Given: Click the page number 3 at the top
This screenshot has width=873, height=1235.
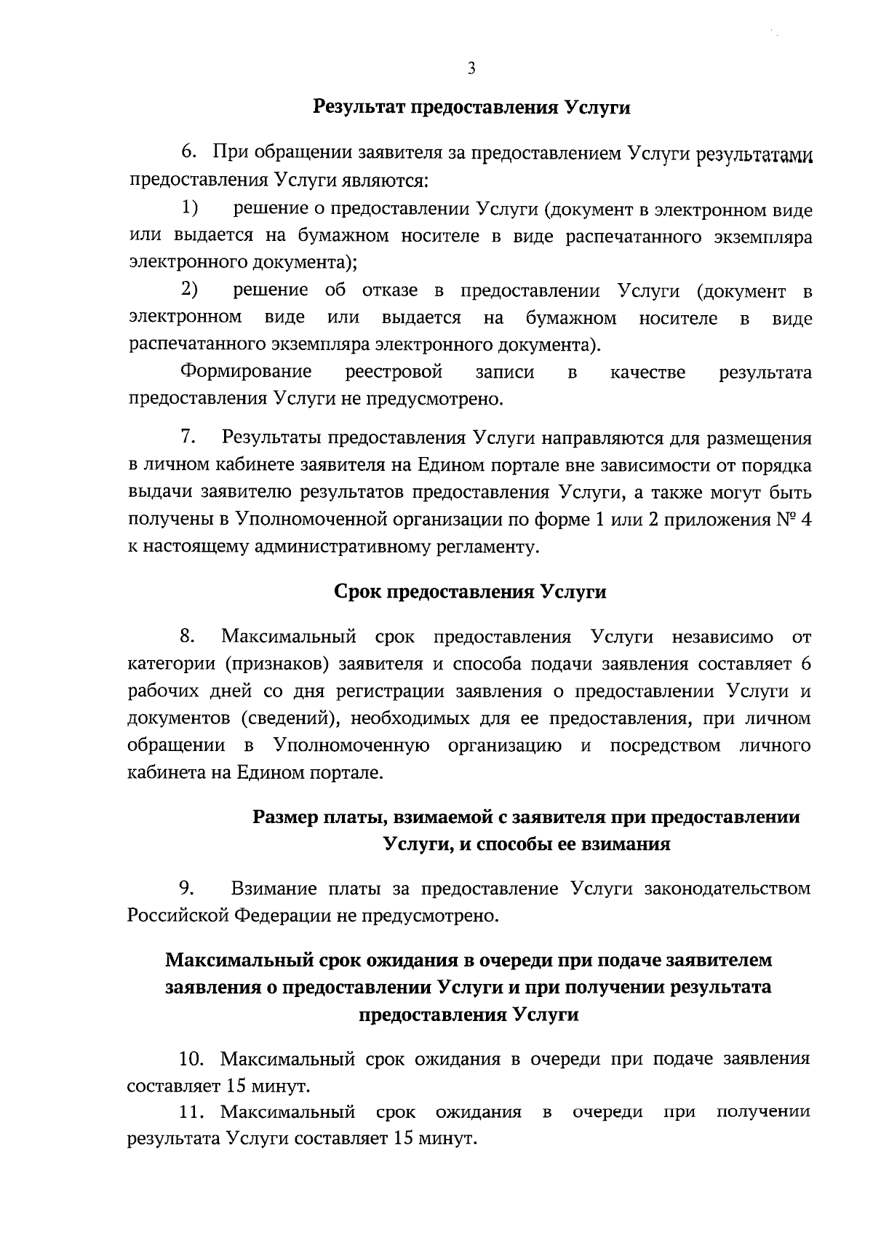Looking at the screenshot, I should pos(471,69).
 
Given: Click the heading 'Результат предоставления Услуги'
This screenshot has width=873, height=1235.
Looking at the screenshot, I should pos(471,108).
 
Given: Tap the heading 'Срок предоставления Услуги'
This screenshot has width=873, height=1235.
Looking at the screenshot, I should pos(470,592).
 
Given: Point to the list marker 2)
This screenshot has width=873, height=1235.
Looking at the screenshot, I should pos(191,290).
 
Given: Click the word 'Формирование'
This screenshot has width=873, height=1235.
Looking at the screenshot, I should pos(246,373).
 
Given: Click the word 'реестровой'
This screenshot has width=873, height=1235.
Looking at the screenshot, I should pos(394,373).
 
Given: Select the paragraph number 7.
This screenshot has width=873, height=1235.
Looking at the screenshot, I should pos(187,438).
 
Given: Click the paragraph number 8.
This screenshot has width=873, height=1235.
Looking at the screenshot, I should pos(187,638).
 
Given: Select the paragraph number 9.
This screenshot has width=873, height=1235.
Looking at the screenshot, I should pos(187,888).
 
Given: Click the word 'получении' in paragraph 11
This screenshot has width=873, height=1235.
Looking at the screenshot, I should pos(762,1112).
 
